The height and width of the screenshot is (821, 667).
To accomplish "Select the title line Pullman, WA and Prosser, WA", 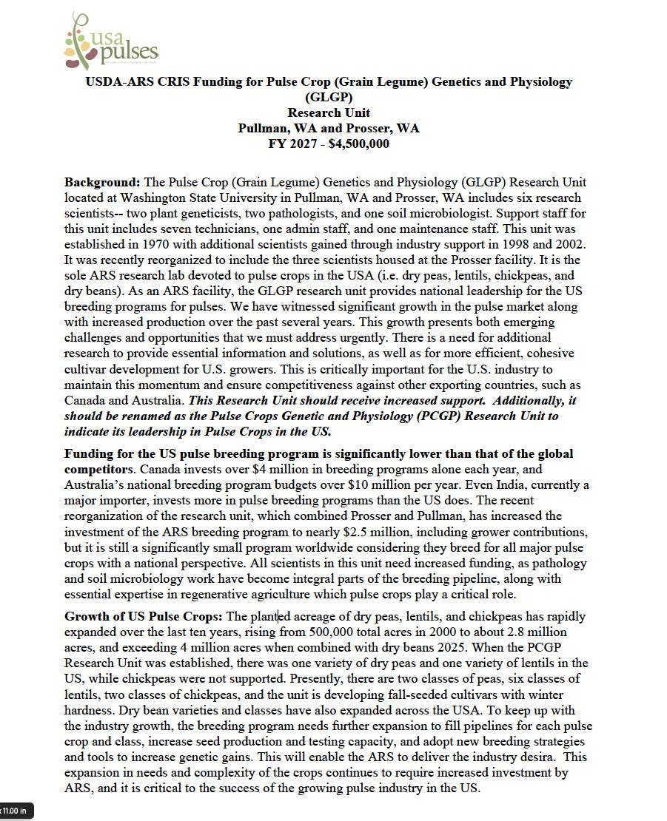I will pyautogui.click(x=328, y=128).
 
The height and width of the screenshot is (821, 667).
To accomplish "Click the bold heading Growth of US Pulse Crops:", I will pyautogui.click(x=144, y=616).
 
